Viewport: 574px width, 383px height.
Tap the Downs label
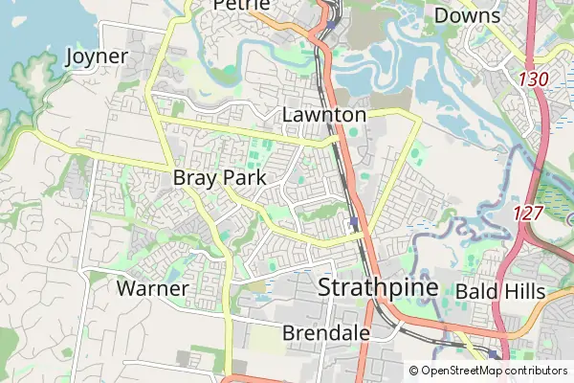467,15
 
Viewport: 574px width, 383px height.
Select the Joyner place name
96,56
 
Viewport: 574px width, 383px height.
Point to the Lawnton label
324,115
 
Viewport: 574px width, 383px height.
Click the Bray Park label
219,178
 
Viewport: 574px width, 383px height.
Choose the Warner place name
152,287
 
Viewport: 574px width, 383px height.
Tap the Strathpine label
377,287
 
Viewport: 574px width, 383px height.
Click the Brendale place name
326,332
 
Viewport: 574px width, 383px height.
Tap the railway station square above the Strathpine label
353,223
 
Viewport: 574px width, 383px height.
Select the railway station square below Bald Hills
495,354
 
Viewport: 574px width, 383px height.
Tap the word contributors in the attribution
537,371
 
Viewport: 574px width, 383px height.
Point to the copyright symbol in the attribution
413,371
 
